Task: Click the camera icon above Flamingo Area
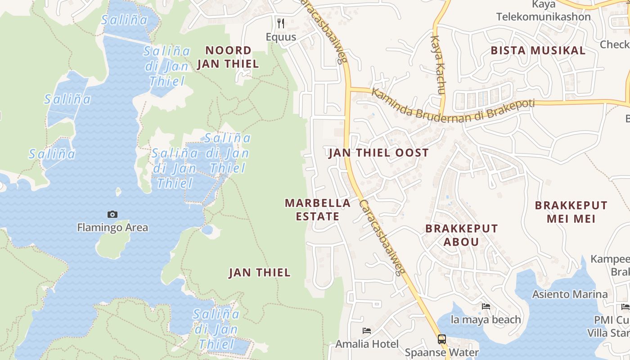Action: point(112,215)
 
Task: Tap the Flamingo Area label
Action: point(112,227)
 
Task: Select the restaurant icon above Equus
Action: point(281,22)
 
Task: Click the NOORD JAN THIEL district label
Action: point(228,57)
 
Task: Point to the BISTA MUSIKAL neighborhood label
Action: point(538,50)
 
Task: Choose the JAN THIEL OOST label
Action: point(378,153)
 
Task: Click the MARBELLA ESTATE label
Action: point(318,210)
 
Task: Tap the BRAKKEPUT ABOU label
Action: point(462,235)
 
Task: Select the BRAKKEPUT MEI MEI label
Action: point(571,212)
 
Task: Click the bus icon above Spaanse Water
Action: point(442,339)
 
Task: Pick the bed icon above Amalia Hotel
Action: point(367,331)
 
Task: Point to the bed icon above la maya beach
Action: point(486,306)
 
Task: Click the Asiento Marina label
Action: point(570,294)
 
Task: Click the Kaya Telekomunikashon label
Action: point(544,11)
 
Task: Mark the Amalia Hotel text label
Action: point(367,344)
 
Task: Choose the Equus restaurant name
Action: point(281,37)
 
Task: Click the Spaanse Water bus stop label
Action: point(442,352)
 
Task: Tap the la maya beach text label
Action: point(486,320)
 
